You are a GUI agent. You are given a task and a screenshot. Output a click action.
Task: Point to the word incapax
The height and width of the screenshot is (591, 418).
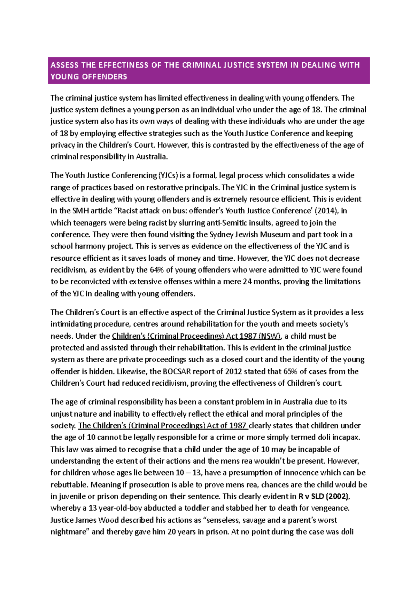tap(345, 438)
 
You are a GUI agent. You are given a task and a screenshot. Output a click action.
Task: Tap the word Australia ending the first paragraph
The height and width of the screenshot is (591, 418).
tap(152, 157)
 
